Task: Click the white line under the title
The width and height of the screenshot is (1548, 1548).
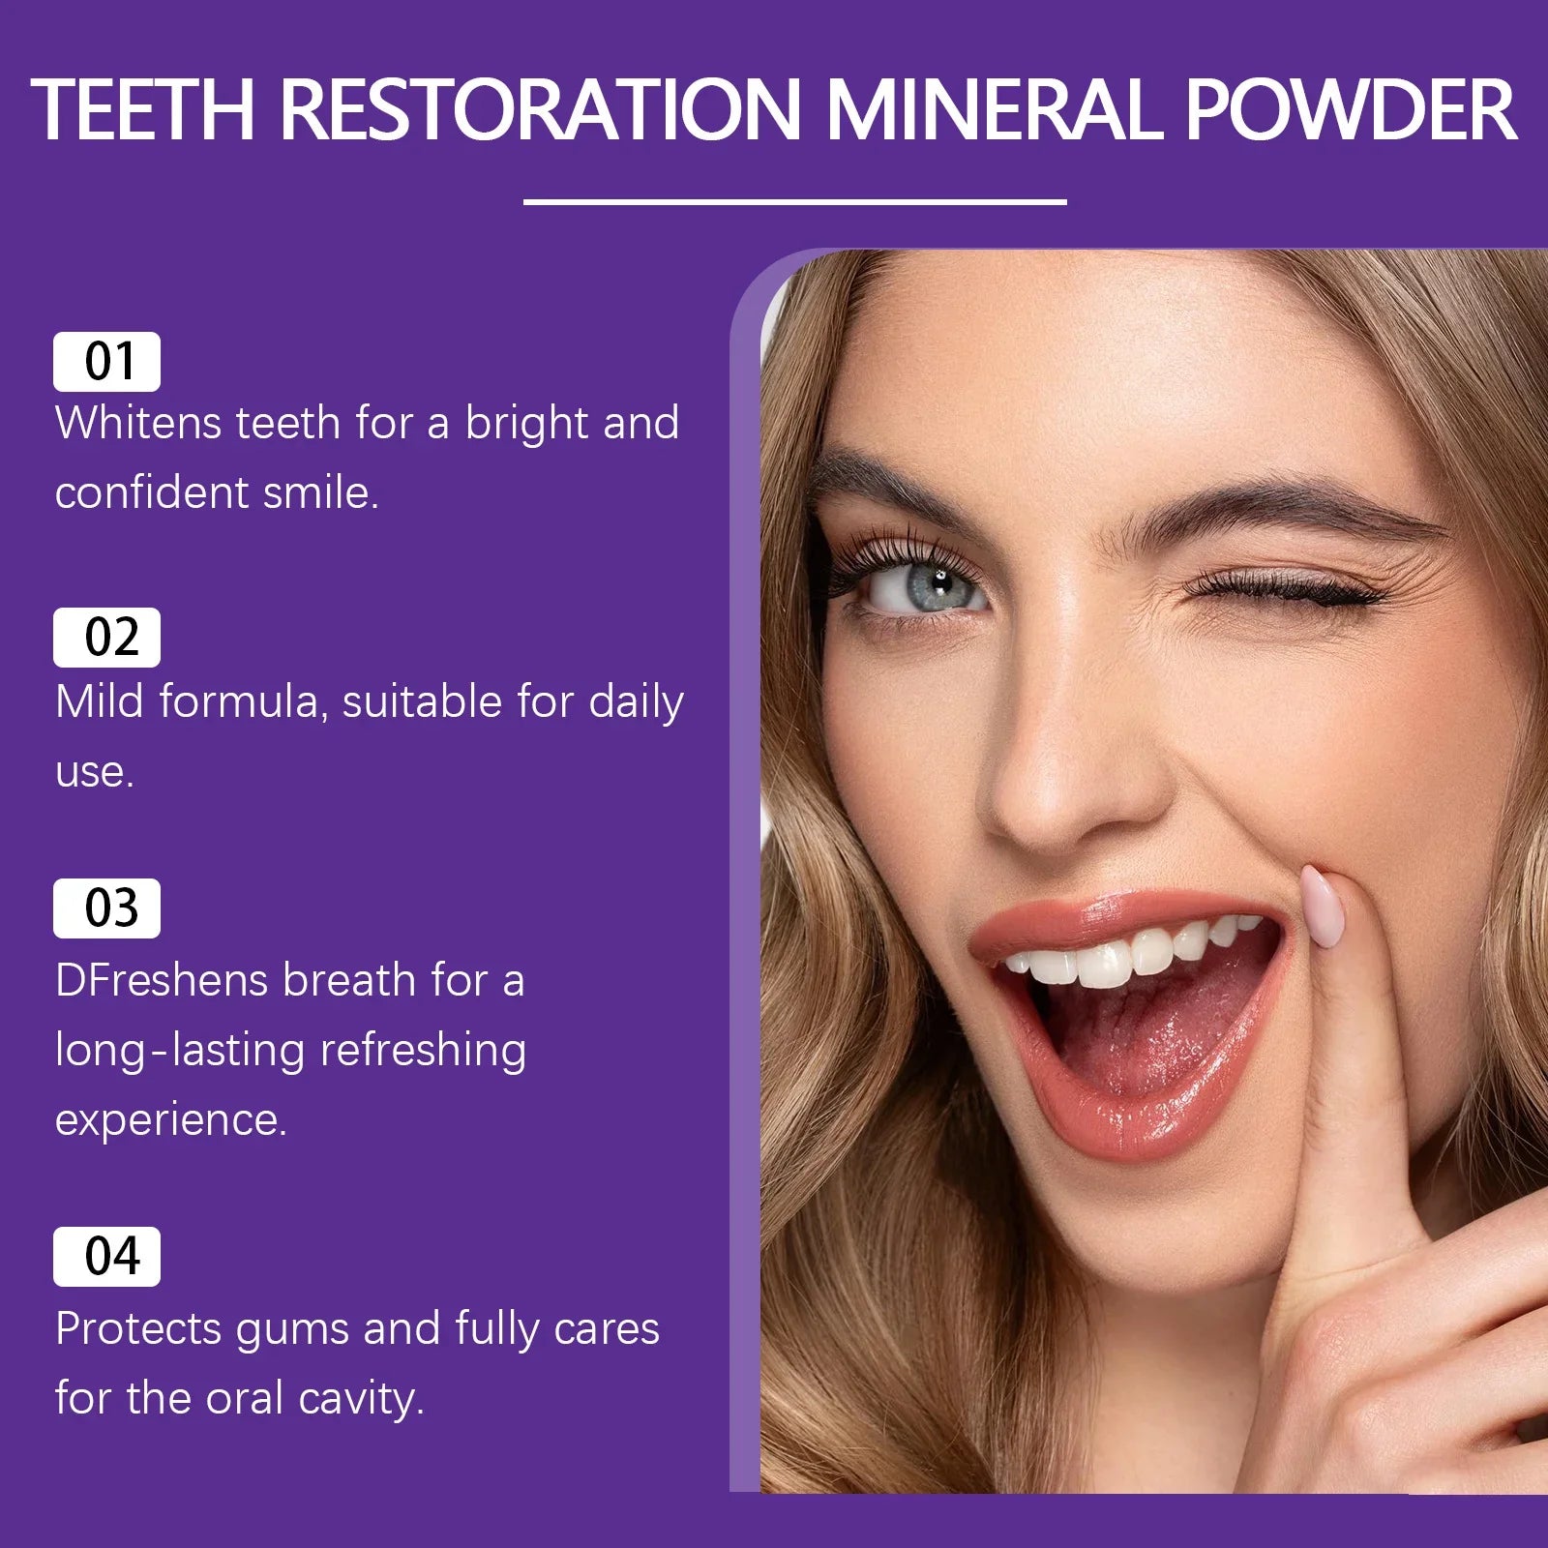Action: [x=794, y=202]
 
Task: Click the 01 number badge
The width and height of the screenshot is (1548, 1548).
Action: [x=107, y=362]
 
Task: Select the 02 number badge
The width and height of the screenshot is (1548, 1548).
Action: [x=107, y=638]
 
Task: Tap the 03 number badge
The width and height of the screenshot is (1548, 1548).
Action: [x=107, y=908]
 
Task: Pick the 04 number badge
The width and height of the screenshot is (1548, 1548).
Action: [x=107, y=1257]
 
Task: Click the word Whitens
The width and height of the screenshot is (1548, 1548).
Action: [x=138, y=424]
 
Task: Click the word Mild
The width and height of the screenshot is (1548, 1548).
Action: [x=100, y=701]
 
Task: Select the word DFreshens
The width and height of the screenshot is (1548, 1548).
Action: [x=162, y=980]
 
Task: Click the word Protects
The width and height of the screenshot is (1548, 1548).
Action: [x=138, y=1329]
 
